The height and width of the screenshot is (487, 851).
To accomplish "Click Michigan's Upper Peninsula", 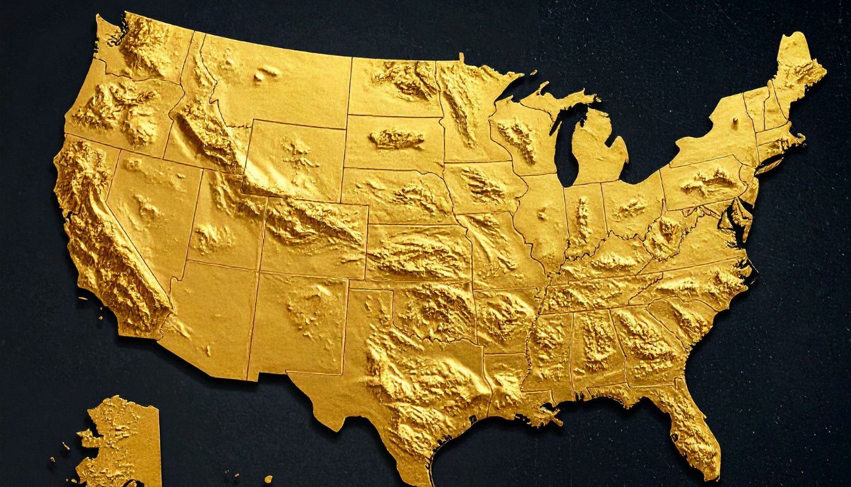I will (557, 101).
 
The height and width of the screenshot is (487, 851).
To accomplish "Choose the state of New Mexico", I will (298, 323).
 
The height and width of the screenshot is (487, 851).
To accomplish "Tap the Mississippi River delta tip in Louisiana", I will (554, 419).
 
